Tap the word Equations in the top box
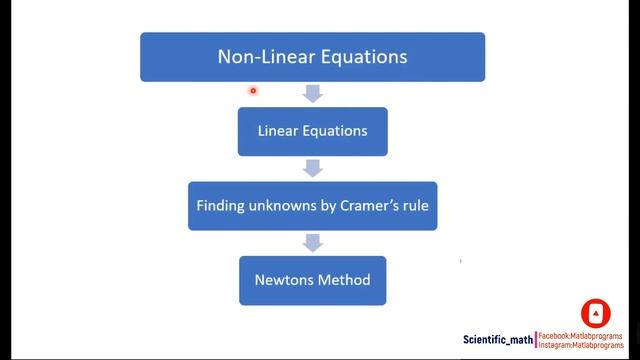(x=364, y=57)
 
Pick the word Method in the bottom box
(x=344, y=280)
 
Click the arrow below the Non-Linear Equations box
(x=313, y=93)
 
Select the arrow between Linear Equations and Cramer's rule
(x=313, y=168)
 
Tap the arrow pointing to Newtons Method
(x=313, y=243)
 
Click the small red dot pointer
(x=253, y=91)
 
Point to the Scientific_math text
(x=498, y=340)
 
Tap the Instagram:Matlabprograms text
(x=577, y=345)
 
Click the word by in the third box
(x=335, y=206)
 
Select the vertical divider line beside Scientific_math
(x=537, y=340)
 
